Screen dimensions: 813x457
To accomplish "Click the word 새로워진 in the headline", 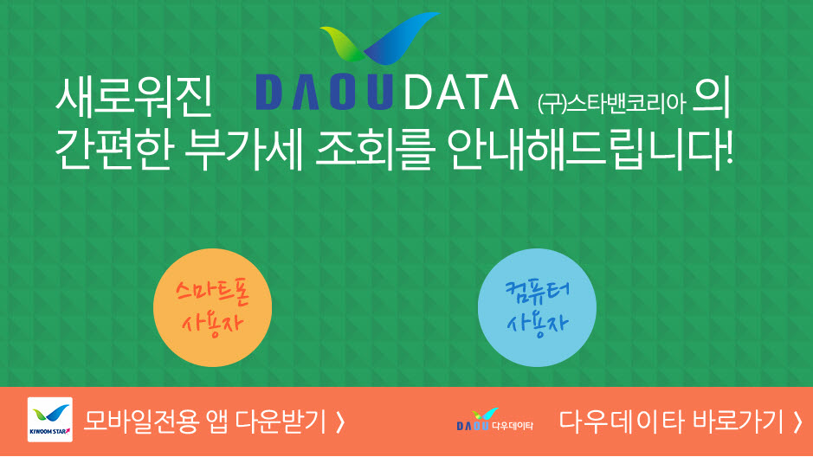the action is (134, 96).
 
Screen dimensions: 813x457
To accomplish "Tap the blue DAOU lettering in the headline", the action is (325, 93).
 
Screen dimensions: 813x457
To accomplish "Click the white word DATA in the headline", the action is (461, 93).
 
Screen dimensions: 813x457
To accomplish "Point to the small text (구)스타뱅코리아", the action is (612, 104).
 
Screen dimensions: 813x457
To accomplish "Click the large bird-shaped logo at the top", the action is (379, 38).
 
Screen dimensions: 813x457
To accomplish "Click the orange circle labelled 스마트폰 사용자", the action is (213, 308).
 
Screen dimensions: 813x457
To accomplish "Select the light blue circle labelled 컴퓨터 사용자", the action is (537, 308).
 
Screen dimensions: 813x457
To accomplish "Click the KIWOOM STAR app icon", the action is (49, 420).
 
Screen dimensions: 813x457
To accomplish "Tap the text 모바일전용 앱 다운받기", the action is (205, 422).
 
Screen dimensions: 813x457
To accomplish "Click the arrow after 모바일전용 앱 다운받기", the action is (340, 422).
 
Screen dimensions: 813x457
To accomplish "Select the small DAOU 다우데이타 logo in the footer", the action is (494, 420).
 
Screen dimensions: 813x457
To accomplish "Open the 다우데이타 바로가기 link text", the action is (671, 422).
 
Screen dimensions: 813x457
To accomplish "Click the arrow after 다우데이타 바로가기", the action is (797, 422).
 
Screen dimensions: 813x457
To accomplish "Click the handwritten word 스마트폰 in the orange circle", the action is (213, 293).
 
